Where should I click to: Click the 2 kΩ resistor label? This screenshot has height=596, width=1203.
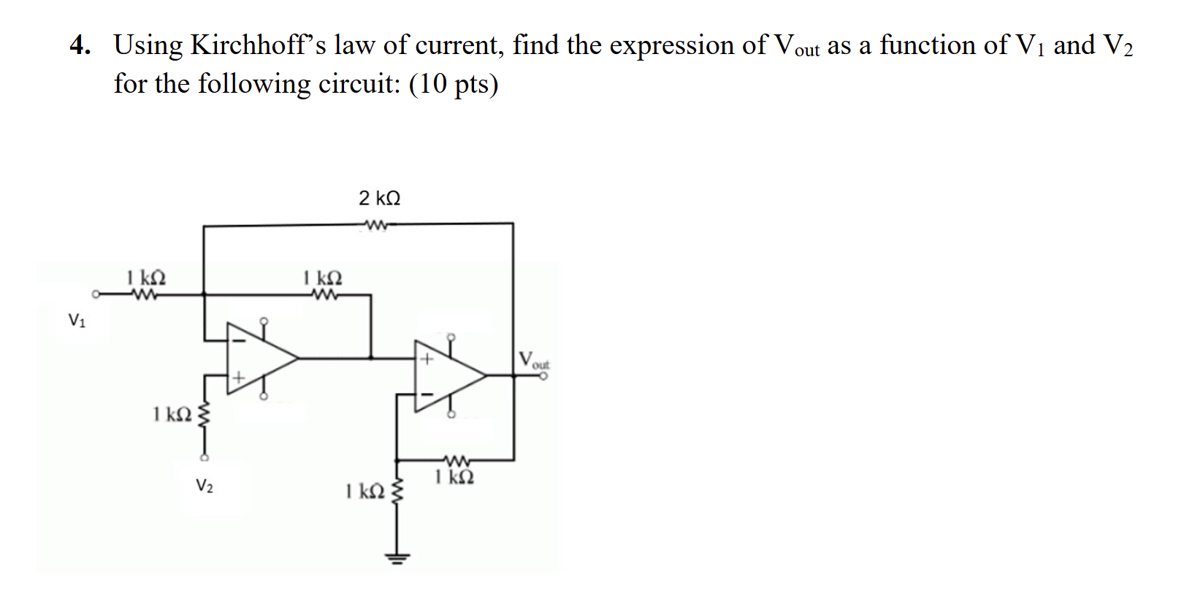click(379, 198)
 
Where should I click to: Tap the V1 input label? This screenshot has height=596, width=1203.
click(77, 320)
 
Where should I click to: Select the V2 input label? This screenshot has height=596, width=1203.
click(205, 485)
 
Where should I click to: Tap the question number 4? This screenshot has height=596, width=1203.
click(80, 45)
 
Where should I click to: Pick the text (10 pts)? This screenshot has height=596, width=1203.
click(454, 84)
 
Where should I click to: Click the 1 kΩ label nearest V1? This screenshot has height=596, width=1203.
click(146, 278)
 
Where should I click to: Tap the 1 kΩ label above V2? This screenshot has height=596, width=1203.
click(172, 414)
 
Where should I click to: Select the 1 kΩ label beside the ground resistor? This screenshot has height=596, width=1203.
click(364, 491)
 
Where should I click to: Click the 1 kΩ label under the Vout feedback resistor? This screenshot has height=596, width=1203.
click(454, 478)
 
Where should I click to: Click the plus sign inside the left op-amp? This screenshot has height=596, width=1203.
click(237, 378)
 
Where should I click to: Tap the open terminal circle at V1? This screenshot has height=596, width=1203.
click(96, 295)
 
